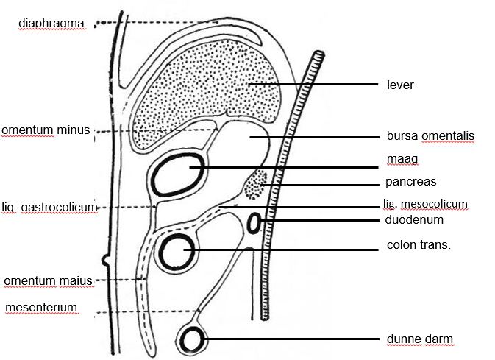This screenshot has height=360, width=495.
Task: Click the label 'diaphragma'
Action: click(x=51, y=24)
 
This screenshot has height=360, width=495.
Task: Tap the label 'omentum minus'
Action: click(x=46, y=130)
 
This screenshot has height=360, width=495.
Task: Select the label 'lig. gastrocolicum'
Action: click(x=50, y=208)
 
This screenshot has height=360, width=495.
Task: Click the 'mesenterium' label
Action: click(x=41, y=306)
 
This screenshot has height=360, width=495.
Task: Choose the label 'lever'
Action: click(x=400, y=85)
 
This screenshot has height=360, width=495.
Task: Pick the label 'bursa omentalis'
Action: click(x=430, y=136)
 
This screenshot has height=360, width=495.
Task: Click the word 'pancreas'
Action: click(x=411, y=181)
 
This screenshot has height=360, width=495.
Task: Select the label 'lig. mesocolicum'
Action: click(x=425, y=204)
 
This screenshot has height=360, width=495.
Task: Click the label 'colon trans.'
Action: click(x=419, y=244)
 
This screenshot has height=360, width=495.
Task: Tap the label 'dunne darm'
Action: click(x=419, y=339)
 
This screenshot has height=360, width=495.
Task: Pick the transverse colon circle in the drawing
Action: click(x=179, y=252)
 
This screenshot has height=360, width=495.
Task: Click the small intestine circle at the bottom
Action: click(x=193, y=339)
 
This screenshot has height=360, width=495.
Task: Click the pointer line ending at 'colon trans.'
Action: click(x=287, y=249)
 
